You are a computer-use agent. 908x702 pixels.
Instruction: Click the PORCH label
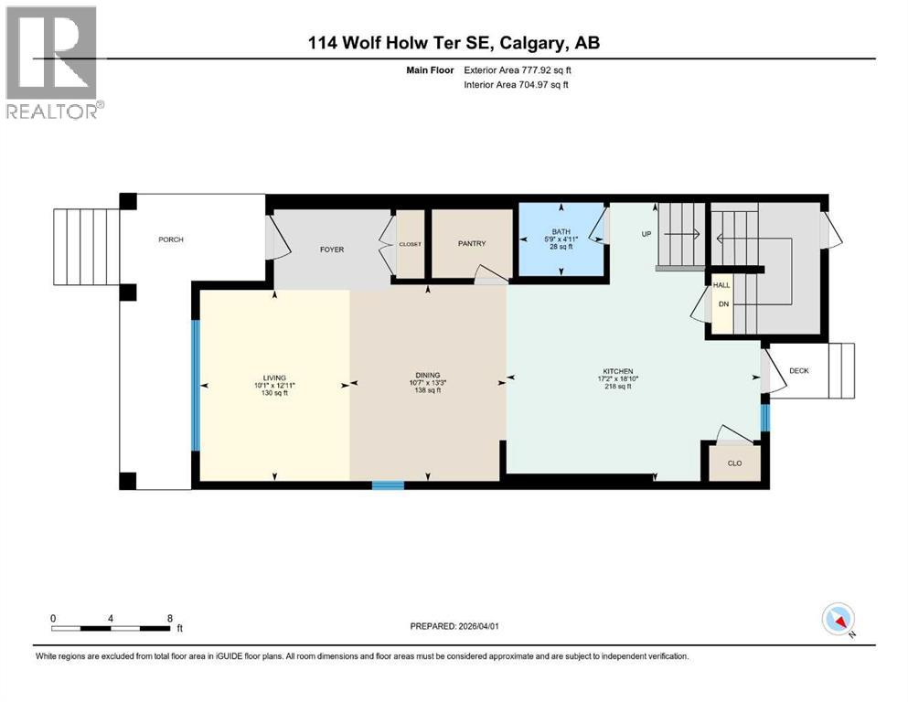tap(170, 239)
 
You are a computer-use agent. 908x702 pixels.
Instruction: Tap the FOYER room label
tap(331, 249)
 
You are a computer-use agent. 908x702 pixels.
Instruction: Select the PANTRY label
tap(472, 243)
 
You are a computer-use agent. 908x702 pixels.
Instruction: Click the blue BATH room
tap(561, 239)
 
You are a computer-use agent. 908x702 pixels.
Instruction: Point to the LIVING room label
tap(274, 378)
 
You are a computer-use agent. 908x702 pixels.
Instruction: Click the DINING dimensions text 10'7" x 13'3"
tap(428, 382)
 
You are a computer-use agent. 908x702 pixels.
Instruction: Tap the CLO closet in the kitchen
tap(733, 463)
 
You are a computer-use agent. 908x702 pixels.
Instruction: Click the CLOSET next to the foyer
tap(410, 244)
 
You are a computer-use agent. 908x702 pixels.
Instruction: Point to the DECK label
tap(799, 370)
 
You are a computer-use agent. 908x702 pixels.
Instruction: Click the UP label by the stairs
tap(646, 234)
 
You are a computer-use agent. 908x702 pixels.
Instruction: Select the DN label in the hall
tap(721, 304)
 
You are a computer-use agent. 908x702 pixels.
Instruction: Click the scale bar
tap(112, 628)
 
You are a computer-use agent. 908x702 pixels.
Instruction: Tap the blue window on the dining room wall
tap(388, 485)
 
